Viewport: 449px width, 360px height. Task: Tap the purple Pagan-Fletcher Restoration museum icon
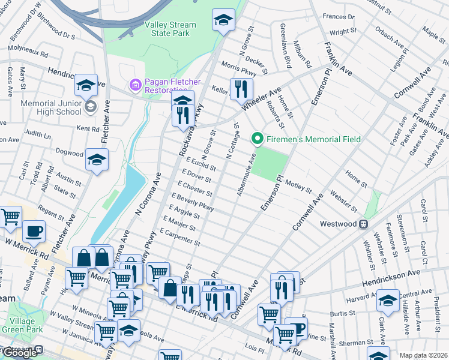tap(134, 86)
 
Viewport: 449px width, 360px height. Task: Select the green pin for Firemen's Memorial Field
tap(258, 139)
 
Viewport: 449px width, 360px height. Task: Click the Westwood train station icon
tap(363, 224)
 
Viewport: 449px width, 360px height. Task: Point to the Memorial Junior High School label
tap(50, 107)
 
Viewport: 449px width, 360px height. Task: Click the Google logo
tap(20, 353)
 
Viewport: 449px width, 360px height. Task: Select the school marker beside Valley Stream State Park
tap(223, 20)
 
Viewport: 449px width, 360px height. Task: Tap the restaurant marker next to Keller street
tap(241, 89)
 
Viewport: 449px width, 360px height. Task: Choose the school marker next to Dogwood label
tap(96, 160)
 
